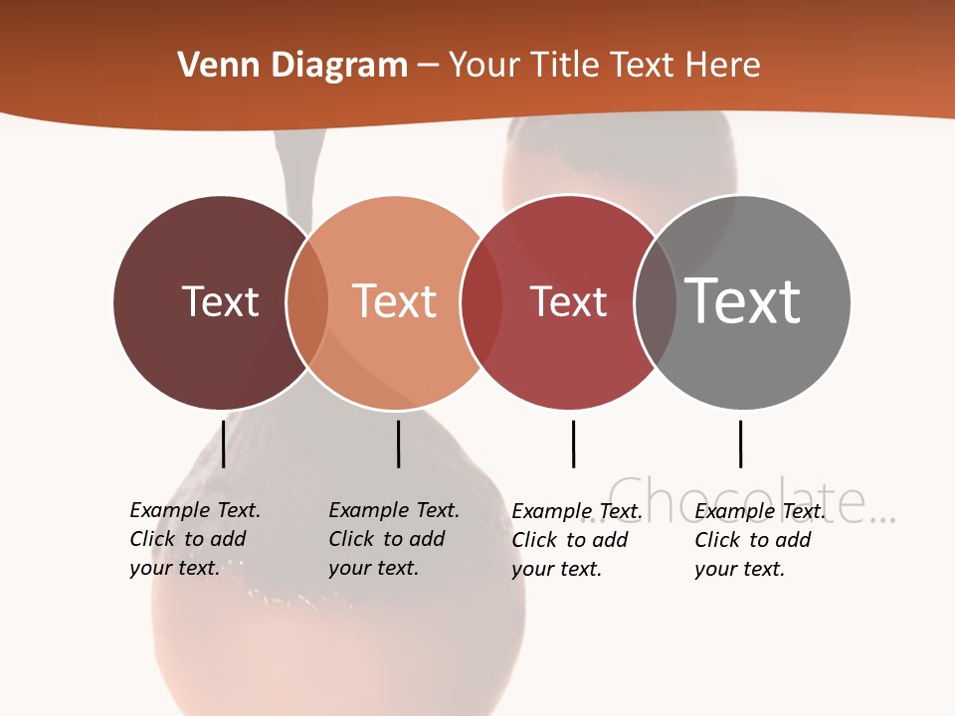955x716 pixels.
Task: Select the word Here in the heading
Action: click(x=721, y=66)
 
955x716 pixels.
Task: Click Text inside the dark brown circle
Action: click(x=220, y=301)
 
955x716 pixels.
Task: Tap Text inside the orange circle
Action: click(x=395, y=301)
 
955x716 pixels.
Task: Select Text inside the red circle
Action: click(x=568, y=301)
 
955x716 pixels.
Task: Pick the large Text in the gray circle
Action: click(x=743, y=300)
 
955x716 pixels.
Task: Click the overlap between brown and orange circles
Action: click(x=307, y=302)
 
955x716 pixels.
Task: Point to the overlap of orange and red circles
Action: click(x=481, y=302)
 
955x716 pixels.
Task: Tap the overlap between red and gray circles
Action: click(x=656, y=302)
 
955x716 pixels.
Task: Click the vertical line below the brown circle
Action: click(x=224, y=444)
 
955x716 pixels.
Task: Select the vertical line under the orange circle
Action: click(x=398, y=444)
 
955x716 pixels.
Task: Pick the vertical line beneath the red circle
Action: click(x=573, y=444)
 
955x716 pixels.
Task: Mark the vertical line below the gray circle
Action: click(x=740, y=444)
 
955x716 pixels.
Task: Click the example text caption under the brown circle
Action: click(x=194, y=539)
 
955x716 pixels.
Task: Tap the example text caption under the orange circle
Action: click(x=393, y=539)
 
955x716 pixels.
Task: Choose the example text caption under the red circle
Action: click(x=576, y=540)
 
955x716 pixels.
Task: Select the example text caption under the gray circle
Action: click(x=759, y=540)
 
